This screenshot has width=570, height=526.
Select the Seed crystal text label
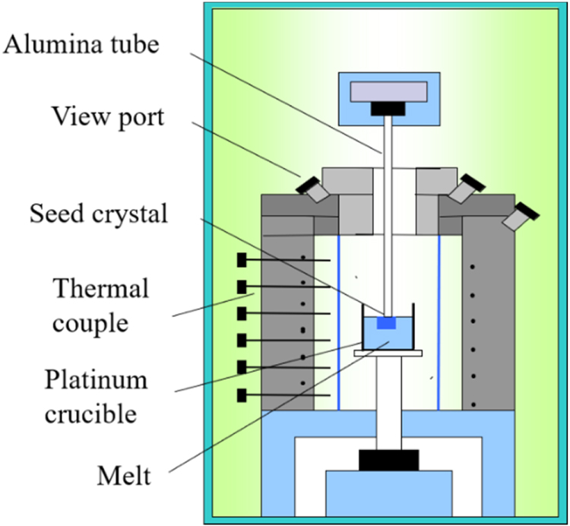click(97, 214)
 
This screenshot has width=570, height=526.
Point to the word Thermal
click(100, 289)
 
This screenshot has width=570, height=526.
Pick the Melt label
click(124, 477)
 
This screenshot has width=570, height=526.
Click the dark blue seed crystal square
click(386, 322)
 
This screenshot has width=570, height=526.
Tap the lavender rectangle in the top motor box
click(388, 90)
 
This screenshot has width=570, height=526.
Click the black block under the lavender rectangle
click(388, 109)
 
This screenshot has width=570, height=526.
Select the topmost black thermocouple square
click(242, 260)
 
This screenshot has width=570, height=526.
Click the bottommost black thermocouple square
click(242, 394)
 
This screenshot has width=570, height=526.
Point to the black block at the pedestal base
click(388, 460)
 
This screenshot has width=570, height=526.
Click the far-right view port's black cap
click(527, 212)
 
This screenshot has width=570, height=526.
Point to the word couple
click(100, 324)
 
